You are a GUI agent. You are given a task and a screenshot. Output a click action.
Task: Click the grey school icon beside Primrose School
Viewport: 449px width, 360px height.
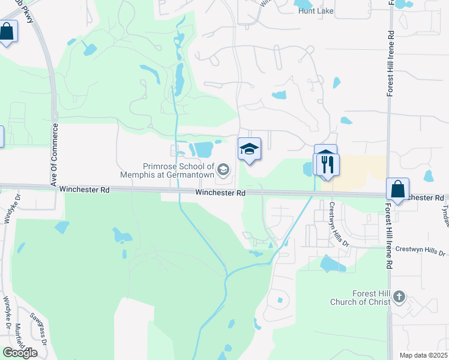click(x=223, y=171)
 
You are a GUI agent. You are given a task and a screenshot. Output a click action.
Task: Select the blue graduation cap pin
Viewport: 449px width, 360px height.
click(x=249, y=149)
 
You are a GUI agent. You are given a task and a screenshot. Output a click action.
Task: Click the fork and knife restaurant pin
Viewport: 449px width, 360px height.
click(x=328, y=164)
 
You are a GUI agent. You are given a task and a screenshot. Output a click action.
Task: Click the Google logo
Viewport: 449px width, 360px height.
click(x=20, y=353)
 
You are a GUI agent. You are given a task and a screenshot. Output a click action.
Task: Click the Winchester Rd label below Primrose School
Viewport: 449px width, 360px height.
click(x=220, y=193)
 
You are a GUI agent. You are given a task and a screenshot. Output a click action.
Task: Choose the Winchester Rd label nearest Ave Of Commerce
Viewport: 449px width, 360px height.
click(x=84, y=190)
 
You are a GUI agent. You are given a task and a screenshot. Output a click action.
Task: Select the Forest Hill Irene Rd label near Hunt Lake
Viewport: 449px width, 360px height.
click(x=390, y=64)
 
